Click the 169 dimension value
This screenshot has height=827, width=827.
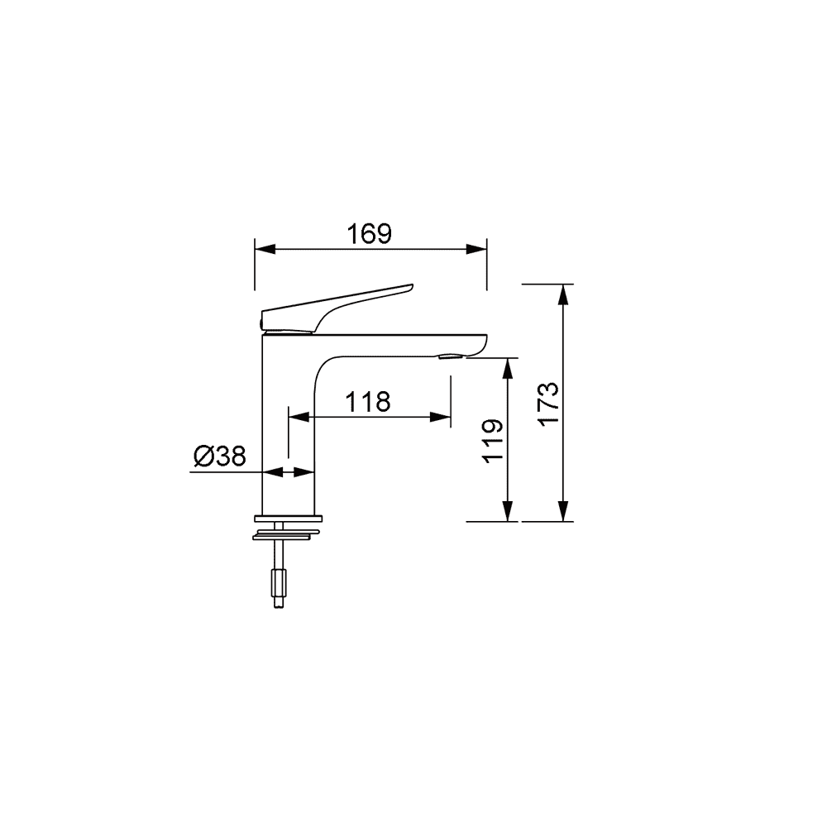pyautogui.click(x=369, y=234)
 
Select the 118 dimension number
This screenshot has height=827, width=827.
pyautogui.click(x=368, y=402)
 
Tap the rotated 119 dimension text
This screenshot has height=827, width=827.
pyautogui.click(x=493, y=442)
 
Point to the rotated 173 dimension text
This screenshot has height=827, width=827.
pyautogui.click(x=548, y=404)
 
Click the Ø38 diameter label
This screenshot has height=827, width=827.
pyautogui.click(x=219, y=457)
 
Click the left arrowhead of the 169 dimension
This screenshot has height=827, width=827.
pyautogui.click(x=265, y=249)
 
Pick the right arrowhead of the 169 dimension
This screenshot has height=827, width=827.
pyautogui.click(x=476, y=249)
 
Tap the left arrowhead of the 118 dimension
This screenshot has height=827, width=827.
pyautogui.click(x=299, y=417)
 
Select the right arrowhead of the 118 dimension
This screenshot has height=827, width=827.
pyautogui.click(x=441, y=417)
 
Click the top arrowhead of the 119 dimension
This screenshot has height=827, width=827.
pyautogui.click(x=508, y=368)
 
